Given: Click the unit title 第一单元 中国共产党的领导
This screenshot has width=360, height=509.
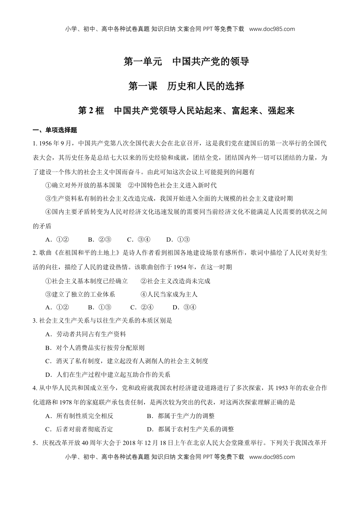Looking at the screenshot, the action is point(186,61).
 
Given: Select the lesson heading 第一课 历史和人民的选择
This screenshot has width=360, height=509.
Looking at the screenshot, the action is point(186,86).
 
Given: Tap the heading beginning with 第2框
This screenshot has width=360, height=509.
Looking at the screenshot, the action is point(186,111).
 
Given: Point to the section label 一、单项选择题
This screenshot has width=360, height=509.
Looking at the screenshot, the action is point(55,130).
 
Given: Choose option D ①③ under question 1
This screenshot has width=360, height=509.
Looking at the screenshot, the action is point(178,239).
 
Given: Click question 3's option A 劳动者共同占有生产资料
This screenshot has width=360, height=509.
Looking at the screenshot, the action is point(86,334).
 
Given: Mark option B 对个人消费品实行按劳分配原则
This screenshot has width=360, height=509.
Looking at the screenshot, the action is point(95,348).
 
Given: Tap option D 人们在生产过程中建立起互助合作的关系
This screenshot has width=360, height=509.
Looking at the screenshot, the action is point(108,375).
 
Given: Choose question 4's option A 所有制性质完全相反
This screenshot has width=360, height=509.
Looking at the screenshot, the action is point(79,416).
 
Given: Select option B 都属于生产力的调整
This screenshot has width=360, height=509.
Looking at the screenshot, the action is point(181,416).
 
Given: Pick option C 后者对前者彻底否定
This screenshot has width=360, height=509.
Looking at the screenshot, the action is point(79,429).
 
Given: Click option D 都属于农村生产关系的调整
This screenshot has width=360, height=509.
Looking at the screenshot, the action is point(190,429).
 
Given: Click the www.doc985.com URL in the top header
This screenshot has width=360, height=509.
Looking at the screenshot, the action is point(272,29).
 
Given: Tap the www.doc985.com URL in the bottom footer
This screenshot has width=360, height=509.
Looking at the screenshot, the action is point(272,457).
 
